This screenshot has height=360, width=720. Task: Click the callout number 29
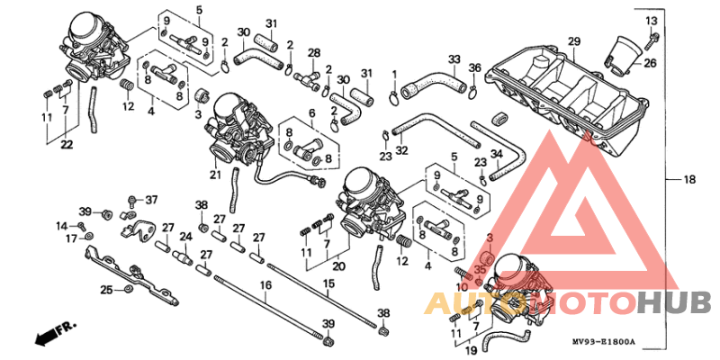click(574, 41)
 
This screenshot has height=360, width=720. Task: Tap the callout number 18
click(689, 180)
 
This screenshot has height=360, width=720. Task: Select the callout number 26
click(650, 63)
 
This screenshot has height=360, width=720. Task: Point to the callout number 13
click(651, 20)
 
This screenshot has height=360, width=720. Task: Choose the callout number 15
click(328, 284)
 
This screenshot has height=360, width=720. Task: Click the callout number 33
click(454, 60)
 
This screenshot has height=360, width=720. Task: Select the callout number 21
click(215, 175)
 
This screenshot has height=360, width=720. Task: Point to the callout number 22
click(67, 145)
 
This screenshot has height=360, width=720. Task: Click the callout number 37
click(151, 199)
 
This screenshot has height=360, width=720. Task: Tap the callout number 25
click(106, 289)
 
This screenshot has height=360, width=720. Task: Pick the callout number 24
click(186, 238)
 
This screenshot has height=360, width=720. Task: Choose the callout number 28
click(314, 53)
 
